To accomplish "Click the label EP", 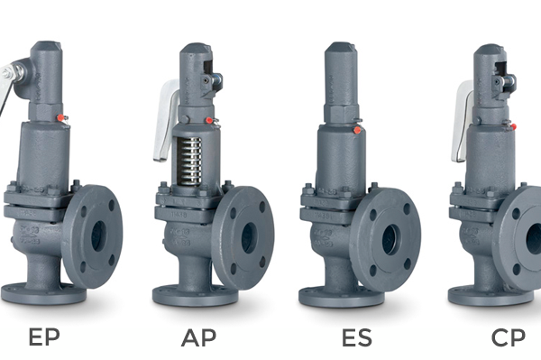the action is coord(44,337).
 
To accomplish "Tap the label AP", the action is coord(198,337).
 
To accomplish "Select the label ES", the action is coord(357,337).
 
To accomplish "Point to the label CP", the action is coord(508,337).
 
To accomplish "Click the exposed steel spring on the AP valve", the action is coord(189,161).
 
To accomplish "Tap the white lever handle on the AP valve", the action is coord(166,120).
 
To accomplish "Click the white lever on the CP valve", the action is coord(462,122).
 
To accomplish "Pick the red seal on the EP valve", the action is coord(60,117).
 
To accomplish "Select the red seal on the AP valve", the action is coord(209,121).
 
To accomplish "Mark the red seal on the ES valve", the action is coord(357,131).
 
